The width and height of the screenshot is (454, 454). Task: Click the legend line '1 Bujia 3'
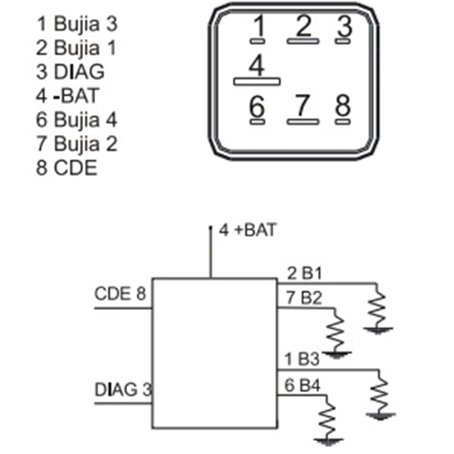point(77,24)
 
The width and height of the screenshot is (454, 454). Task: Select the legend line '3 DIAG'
point(70,72)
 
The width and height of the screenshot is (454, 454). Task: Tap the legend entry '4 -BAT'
point(67,96)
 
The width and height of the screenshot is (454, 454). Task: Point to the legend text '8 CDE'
point(67,168)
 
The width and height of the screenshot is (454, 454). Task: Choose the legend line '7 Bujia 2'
point(77,144)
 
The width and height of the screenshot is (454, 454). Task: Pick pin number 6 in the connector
point(257,106)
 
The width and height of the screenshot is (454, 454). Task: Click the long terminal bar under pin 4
point(257,81)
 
